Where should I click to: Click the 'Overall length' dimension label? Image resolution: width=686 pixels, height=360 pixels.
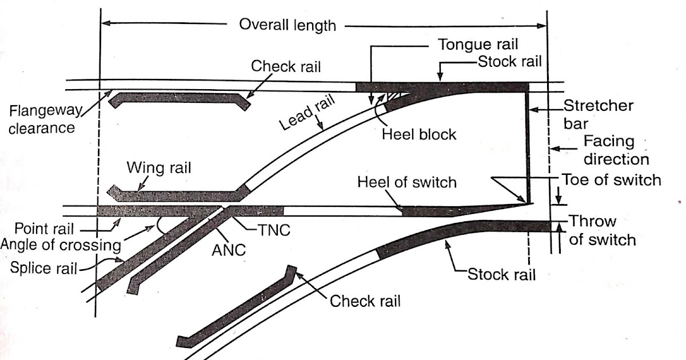[x=288, y=25]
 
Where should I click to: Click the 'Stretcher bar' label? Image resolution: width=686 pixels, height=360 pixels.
[x=591, y=114]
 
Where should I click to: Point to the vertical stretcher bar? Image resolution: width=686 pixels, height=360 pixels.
[x=529, y=149]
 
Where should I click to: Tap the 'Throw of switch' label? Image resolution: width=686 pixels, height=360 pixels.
[x=602, y=230]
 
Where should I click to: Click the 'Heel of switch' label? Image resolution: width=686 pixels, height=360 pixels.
[x=407, y=182]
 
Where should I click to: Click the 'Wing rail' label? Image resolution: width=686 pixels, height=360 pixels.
[x=158, y=168]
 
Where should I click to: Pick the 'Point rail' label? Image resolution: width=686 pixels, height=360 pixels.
[x=44, y=230]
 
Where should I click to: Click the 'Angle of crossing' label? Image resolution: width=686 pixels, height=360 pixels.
[x=60, y=245]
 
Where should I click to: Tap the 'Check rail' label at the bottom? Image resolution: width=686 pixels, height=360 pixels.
[x=365, y=301]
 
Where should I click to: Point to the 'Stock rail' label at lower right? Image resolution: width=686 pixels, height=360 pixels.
[x=501, y=274]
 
